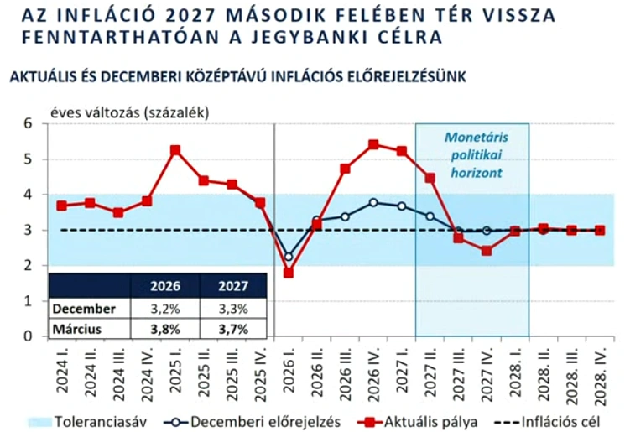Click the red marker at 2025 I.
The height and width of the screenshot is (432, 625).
(175, 151)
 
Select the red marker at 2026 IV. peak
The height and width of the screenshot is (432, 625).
(373, 144)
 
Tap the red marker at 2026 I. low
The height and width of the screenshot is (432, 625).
(288, 273)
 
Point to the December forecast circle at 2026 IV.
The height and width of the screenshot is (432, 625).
(373, 202)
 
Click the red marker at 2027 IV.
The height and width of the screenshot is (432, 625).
(487, 251)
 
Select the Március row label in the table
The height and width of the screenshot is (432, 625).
(78, 329)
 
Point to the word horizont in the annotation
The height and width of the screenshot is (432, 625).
(476, 173)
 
